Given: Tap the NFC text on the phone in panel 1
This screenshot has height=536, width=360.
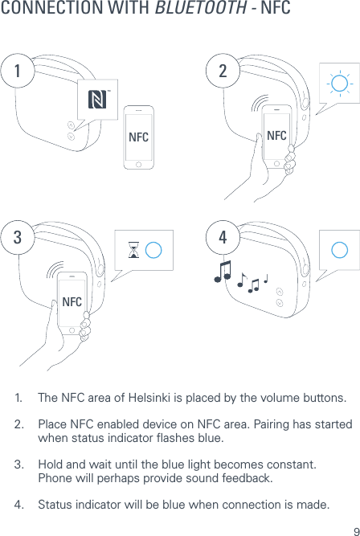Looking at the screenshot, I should click(138, 137).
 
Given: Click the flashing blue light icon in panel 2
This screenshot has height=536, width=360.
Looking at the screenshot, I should click(338, 83).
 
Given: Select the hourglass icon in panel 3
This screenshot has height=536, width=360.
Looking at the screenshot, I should click(133, 250).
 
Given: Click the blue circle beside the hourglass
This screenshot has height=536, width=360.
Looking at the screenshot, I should click(154, 249).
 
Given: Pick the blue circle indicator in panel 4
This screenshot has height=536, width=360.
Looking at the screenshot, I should click(339, 249).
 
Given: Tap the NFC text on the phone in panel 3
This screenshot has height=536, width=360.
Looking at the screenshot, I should click(72, 301).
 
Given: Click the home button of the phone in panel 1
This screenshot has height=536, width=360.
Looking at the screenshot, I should click(138, 163).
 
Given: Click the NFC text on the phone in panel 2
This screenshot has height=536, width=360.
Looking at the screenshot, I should click(276, 134).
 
